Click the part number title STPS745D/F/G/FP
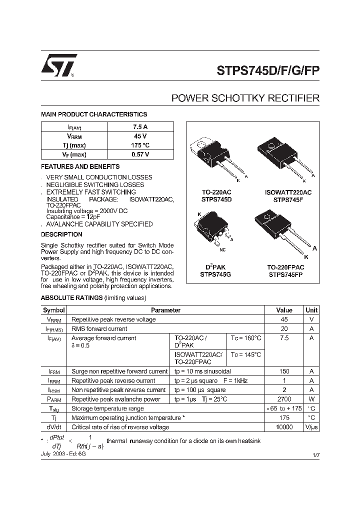(x=268, y=70)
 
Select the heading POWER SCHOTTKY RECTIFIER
(x=245, y=98)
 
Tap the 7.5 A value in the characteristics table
(x=140, y=127)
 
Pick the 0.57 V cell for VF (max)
(x=140, y=154)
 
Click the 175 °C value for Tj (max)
(x=140, y=145)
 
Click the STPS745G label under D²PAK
(x=216, y=274)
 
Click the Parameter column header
(x=165, y=310)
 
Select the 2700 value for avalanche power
(x=284, y=399)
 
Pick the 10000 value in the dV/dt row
(x=284, y=427)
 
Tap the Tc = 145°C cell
(x=245, y=355)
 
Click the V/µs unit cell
(x=311, y=427)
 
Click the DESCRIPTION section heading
(x=61, y=234)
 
